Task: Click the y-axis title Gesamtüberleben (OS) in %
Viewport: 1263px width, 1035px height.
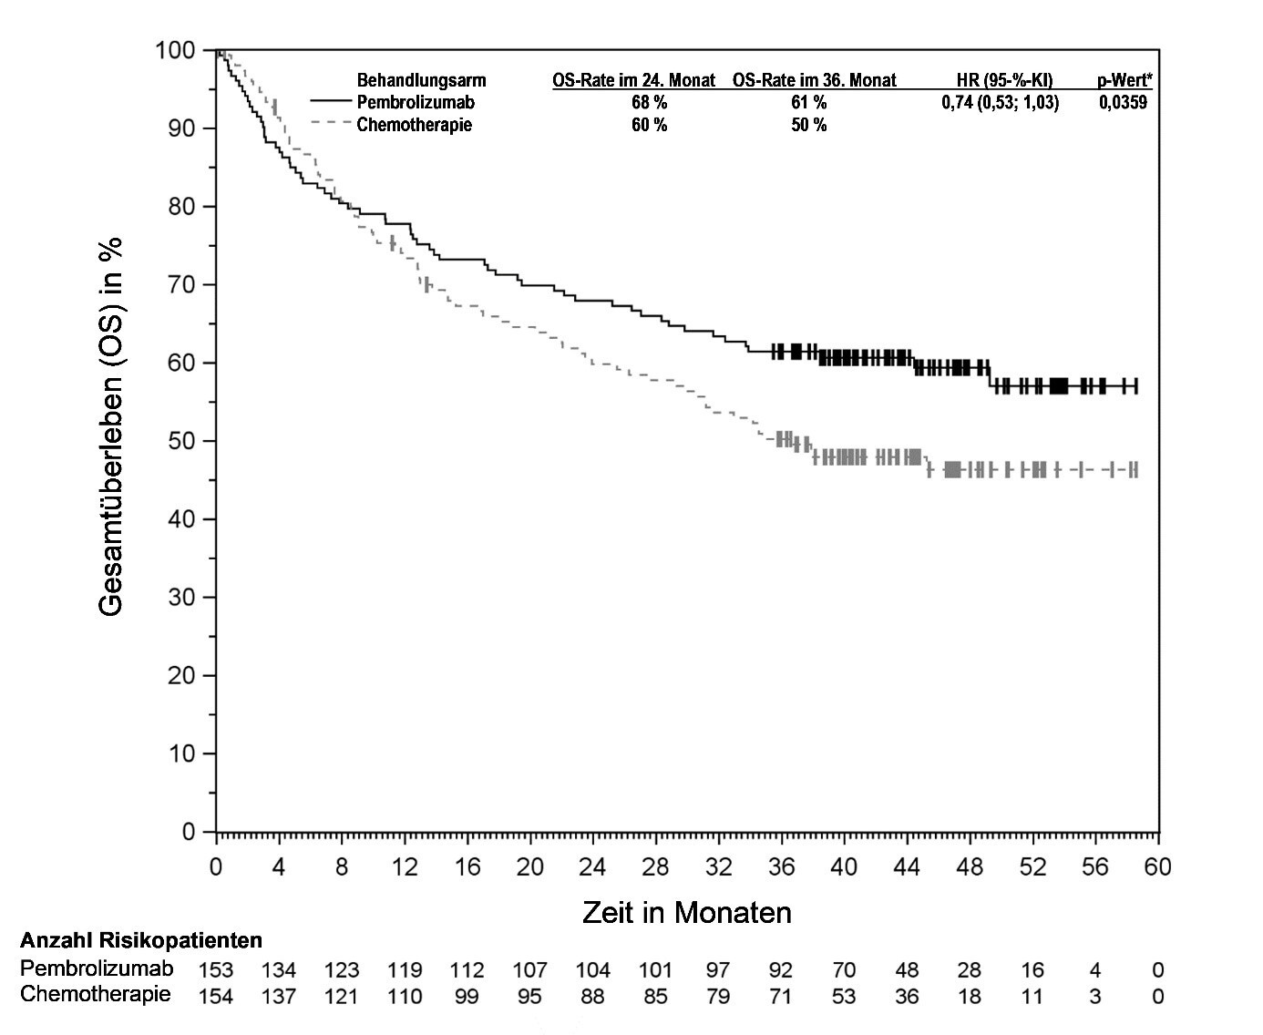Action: [111, 426]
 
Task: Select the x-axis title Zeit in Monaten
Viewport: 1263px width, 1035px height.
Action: [686, 912]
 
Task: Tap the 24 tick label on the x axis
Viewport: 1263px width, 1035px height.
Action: [592, 866]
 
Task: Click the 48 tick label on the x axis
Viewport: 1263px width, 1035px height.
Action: [970, 866]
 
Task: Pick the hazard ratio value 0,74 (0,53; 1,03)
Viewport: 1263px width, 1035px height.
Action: [1000, 102]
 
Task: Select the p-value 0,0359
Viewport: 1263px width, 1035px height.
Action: [1123, 102]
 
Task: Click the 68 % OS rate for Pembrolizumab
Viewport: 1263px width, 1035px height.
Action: [649, 102]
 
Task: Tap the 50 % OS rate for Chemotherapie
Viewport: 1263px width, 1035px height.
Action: [808, 125]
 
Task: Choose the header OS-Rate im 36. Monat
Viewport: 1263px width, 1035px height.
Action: [814, 80]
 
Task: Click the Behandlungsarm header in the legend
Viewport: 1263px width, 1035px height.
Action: [421, 80]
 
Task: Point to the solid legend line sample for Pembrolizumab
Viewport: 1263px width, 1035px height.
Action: [330, 101]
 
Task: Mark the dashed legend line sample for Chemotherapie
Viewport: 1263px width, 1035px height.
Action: [330, 123]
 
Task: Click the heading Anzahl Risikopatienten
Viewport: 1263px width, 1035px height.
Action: [141, 940]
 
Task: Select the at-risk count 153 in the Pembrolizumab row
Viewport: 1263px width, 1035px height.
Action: [216, 970]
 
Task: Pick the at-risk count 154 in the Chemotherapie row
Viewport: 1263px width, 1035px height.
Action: [216, 997]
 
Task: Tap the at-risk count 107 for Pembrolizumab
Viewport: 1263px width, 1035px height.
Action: [529, 970]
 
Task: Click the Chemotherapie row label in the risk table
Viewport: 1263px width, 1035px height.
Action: [95, 994]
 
